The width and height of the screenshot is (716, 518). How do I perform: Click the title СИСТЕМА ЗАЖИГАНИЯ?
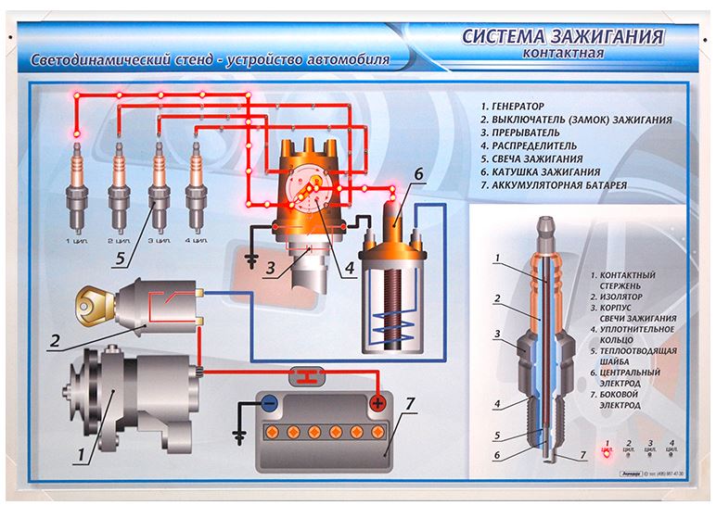563,37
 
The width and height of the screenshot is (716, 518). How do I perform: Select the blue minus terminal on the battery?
268,404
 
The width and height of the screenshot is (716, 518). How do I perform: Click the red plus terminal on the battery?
377,404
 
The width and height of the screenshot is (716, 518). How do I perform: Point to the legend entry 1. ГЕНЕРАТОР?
512,107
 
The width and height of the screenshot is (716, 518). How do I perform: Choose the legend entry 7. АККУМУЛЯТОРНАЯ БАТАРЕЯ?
554,185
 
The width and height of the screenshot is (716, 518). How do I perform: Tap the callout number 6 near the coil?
418,173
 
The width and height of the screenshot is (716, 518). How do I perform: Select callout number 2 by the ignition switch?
55,340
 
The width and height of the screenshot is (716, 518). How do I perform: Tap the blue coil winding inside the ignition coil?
390,320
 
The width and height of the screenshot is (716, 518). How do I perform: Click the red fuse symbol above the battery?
305,374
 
